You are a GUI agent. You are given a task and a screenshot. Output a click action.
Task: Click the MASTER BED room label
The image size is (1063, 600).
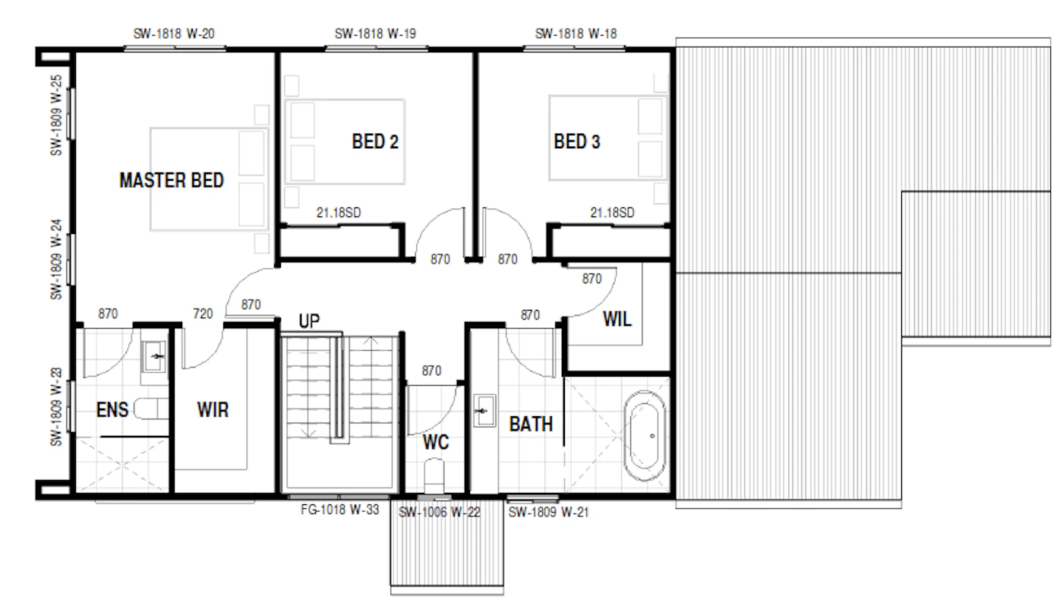(172, 181)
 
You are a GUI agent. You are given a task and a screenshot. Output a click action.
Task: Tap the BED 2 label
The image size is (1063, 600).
(375, 141)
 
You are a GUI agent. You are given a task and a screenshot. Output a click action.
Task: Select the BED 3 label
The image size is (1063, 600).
(576, 141)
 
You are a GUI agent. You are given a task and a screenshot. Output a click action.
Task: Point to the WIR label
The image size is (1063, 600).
(213, 409)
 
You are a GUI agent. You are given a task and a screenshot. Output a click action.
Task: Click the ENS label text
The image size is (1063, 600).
(112, 409)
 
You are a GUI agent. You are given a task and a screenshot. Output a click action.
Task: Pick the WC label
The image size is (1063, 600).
(436, 442)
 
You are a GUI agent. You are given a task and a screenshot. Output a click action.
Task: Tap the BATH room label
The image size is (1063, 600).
(531, 424)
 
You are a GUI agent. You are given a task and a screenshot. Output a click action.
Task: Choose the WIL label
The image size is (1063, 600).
(617, 319)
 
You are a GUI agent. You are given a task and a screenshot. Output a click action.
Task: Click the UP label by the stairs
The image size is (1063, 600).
(309, 321)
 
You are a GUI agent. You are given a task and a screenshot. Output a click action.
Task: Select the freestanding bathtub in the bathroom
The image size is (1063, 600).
(645, 436)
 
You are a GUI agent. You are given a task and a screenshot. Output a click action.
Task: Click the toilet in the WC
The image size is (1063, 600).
(434, 475)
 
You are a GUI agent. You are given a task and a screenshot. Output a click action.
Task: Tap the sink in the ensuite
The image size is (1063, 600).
(154, 356)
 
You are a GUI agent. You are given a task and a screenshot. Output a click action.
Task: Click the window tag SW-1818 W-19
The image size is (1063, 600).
(375, 33)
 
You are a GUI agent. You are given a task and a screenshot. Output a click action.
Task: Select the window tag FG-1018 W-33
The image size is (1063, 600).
(340, 510)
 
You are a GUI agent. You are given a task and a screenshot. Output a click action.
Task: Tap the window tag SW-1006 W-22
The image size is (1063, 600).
(440, 513)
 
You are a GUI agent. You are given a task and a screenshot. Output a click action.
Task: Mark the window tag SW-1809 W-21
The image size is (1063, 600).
(548, 512)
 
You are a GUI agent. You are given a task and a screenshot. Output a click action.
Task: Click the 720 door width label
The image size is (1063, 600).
(203, 314)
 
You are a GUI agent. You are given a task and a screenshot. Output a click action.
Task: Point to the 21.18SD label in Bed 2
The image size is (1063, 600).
(339, 213)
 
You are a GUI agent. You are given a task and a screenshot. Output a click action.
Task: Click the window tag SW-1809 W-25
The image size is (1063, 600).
(56, 115)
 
